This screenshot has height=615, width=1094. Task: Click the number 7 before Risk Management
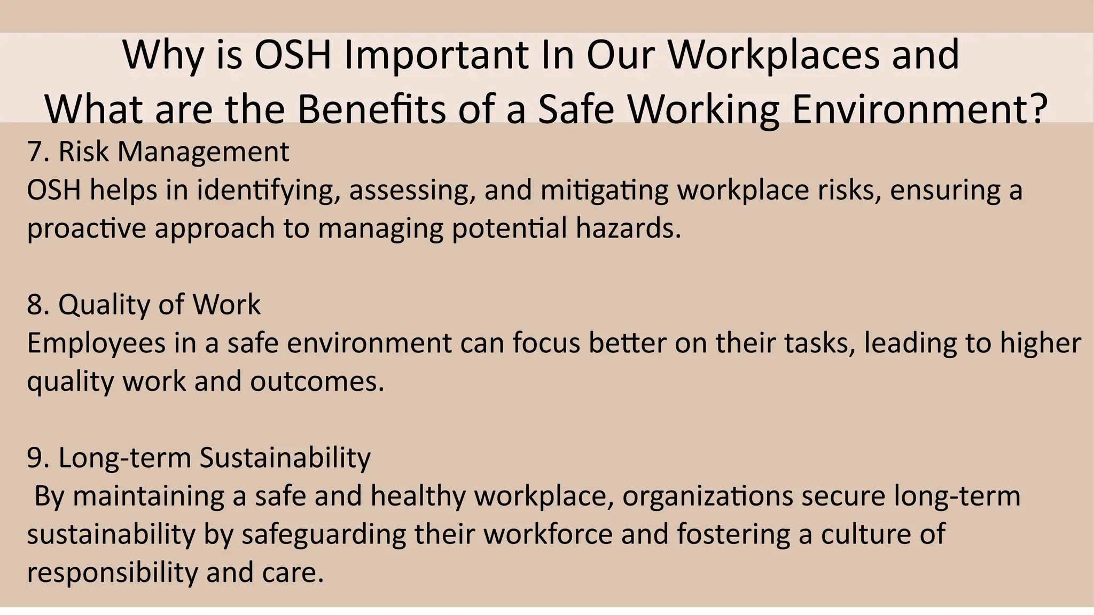coord(34,152)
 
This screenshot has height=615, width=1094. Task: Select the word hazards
coord(628,228)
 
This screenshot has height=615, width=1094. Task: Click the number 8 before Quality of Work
coord(34,305)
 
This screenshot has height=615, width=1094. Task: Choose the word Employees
coord(96,344)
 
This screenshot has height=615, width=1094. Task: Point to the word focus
coord(546,343)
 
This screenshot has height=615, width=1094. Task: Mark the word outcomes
coord(317,382)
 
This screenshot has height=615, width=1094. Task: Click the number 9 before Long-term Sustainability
coord(34,458)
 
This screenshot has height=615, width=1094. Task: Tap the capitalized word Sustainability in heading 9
coord(285,458)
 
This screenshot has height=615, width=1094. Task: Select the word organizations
coord(707,496)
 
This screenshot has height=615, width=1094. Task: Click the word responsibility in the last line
coord(112,573)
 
